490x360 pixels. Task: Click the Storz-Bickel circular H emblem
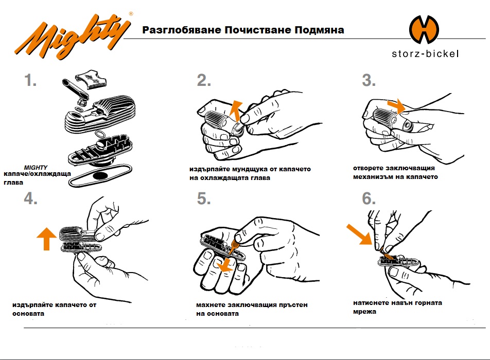pyautogui.click(x=424, y=30)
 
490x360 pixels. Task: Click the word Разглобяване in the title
pyautogui.click(x=176, y=30)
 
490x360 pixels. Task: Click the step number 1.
pyautogui.click(x=30, y=81)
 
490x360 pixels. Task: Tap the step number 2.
pyautogui.click(x=204, y=81)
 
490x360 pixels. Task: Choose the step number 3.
pyautogui.click(x=369, y=81)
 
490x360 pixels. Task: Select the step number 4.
pyautogui.click(x=30, y=199)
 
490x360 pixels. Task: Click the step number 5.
pyautogui.click(x=204, y=199)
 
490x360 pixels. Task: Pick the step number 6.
pyautogui.click(x=369, y=199)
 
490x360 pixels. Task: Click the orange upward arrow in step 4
pyautogui.click(x=47, y=239)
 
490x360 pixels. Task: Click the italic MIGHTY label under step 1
pyautogui.click(x=36, y=168)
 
